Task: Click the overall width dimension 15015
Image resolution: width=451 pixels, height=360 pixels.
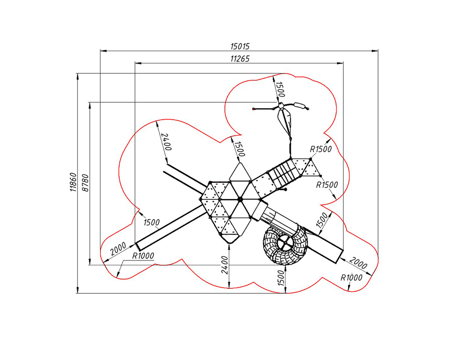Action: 240,46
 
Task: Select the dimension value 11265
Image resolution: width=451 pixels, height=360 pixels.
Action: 240,59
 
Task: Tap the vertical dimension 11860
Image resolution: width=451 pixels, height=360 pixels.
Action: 74,182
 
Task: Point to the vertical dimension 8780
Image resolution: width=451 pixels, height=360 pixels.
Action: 85,183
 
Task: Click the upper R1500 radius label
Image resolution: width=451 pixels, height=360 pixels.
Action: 321,149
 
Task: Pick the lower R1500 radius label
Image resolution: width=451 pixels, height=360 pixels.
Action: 327,185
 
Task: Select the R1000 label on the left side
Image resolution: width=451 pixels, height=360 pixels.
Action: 143,255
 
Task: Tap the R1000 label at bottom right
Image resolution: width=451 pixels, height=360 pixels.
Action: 351,278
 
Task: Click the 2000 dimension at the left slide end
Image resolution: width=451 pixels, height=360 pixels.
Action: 118,249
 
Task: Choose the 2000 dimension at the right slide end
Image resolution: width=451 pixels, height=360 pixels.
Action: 359,263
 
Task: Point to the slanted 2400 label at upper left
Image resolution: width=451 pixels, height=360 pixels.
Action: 166,142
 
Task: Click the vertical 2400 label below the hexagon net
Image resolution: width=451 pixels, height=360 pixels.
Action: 225,265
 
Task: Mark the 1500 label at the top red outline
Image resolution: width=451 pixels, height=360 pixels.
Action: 280,89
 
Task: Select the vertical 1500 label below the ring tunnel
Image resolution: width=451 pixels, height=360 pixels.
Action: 281,278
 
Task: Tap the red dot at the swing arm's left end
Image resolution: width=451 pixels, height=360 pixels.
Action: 253,109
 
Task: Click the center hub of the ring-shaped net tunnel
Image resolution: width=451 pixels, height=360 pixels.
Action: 285,243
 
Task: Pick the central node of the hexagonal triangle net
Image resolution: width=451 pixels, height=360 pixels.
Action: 240,199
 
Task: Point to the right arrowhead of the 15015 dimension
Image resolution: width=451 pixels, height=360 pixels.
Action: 375,51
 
